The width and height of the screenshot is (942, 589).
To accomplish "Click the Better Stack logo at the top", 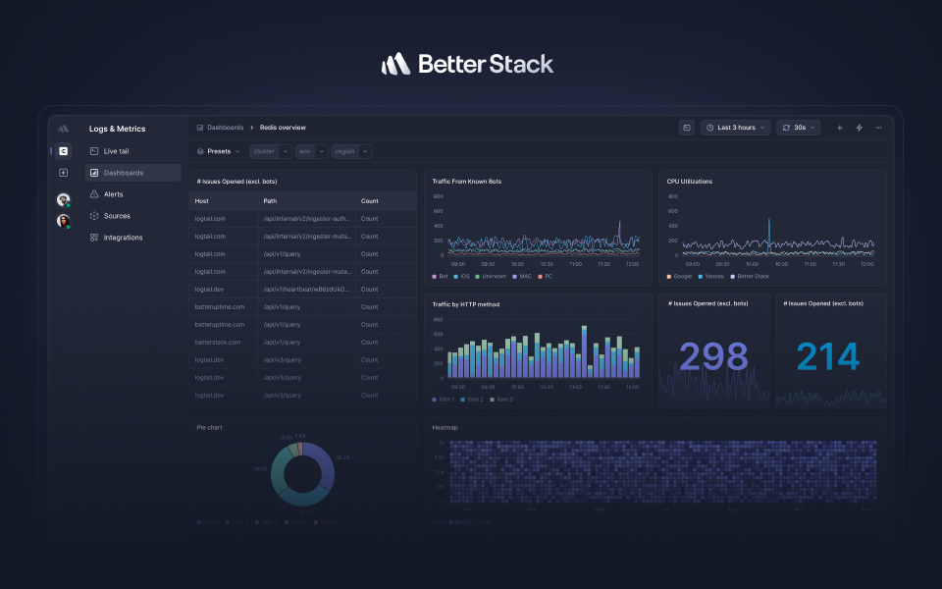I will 467,65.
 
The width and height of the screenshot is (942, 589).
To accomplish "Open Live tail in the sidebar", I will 116,151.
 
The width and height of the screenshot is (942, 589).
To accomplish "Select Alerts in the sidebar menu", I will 113,194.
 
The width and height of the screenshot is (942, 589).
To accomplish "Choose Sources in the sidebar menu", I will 116,216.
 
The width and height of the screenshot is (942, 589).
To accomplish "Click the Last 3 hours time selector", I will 735,128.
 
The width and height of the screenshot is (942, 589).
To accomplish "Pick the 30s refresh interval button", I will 798,128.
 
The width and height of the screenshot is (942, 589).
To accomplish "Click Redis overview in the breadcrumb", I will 283,128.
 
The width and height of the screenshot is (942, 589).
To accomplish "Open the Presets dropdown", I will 219,151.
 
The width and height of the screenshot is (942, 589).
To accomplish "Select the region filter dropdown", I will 351,151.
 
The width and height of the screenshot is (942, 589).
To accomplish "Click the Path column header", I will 270,200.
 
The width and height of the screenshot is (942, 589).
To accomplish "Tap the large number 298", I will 713,357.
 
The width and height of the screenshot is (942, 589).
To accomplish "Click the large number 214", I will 828,357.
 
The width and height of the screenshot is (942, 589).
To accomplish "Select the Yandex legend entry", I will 713,276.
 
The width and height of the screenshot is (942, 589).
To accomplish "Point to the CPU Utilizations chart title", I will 689,182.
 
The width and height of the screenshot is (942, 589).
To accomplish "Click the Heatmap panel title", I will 445,427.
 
